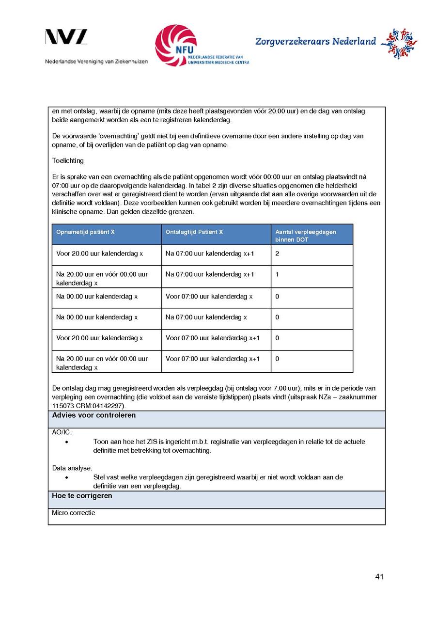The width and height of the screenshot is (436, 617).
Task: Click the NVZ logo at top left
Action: pyautogui.click(x=66, y=37)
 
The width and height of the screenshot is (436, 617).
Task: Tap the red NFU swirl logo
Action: pyautogui.click(x=175, y=45)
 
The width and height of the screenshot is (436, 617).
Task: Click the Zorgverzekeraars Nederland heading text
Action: pyautogui.click(x=315, y=42)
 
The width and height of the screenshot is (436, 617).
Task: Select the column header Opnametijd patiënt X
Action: pyautogui.click(x=86, y=232)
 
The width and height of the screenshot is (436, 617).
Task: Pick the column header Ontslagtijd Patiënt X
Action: pyautogui.click(x=194, y=232)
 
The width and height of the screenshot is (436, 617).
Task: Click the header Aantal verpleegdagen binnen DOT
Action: pyautogui.click(x=306, y=236)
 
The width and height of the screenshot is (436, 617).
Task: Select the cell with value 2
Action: pyautogui.click(x=278, y=253)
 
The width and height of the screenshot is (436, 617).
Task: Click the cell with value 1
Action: pyautogui.click(x=277, y=274)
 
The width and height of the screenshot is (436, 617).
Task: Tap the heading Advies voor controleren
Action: pyautogui.click(x=94, y=415)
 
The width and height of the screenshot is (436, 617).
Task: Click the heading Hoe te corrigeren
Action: pyautogui.click(x=82, y=496)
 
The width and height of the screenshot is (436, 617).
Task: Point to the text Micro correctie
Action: pyautogui.click(x=74, y=513)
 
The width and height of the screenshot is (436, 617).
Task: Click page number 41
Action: pyautogui.click(x=379, y=577)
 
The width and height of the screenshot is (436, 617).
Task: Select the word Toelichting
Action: pyautogui.click(x=68, y=160)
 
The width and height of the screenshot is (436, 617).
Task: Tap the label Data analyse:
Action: pyautogui.click(x=72, y=468)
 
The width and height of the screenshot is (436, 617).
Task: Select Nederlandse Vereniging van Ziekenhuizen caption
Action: pyautogui.click(x=96, y=62)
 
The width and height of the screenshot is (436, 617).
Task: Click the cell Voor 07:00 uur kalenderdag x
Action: pyautogui.click(x=209, y=296)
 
